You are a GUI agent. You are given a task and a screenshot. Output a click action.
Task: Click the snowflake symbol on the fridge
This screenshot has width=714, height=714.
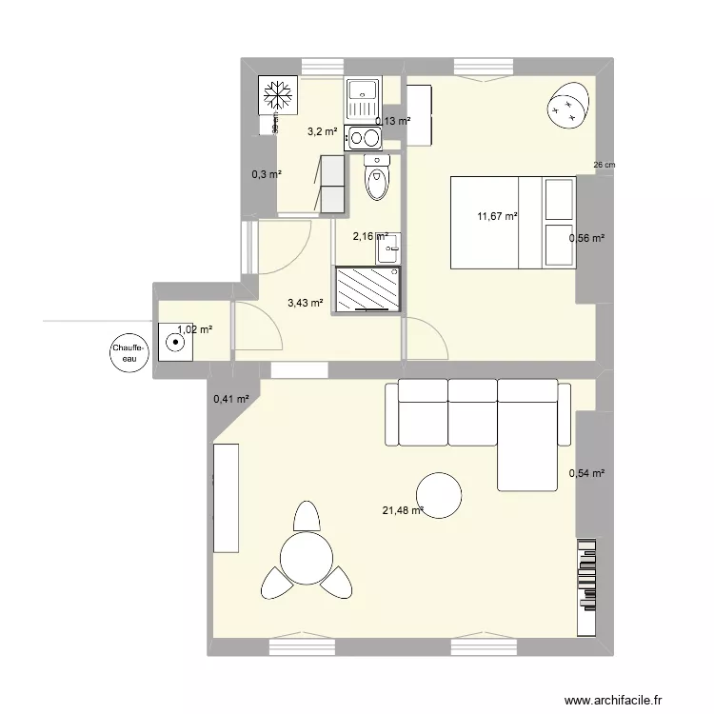(277, 95)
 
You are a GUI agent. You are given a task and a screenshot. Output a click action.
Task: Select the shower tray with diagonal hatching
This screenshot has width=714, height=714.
(367, 288)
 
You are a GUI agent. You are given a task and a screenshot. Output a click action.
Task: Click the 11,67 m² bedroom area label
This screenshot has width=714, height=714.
(497, 217)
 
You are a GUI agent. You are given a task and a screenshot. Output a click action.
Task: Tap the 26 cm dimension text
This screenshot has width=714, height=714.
(604, 165)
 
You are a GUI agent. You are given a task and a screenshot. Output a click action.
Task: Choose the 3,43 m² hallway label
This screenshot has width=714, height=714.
(305, 304)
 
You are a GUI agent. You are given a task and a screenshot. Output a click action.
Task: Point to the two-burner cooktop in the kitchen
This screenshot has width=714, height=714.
(363, 138)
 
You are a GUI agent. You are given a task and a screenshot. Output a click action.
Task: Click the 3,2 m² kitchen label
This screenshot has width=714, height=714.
(321, 132)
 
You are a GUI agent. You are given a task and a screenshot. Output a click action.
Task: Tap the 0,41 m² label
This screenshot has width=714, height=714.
(230, 400)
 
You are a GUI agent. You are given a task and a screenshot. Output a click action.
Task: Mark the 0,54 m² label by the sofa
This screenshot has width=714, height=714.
(586, 473)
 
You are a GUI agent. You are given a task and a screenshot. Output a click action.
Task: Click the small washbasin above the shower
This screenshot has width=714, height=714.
(388, 248)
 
